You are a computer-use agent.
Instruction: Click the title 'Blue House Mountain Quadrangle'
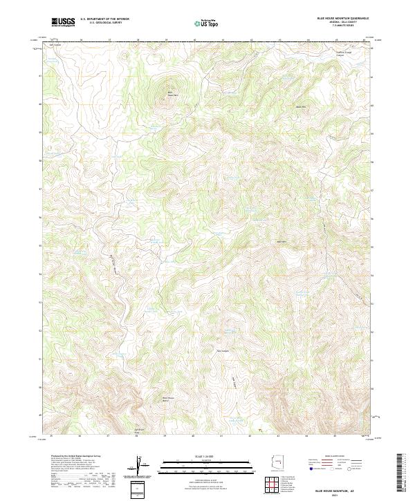[x=342, y=18]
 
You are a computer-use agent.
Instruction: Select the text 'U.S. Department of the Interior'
[x=104, y=19]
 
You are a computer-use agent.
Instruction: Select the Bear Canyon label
[x=222, y=350]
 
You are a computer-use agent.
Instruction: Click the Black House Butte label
[x=168, y=399]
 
